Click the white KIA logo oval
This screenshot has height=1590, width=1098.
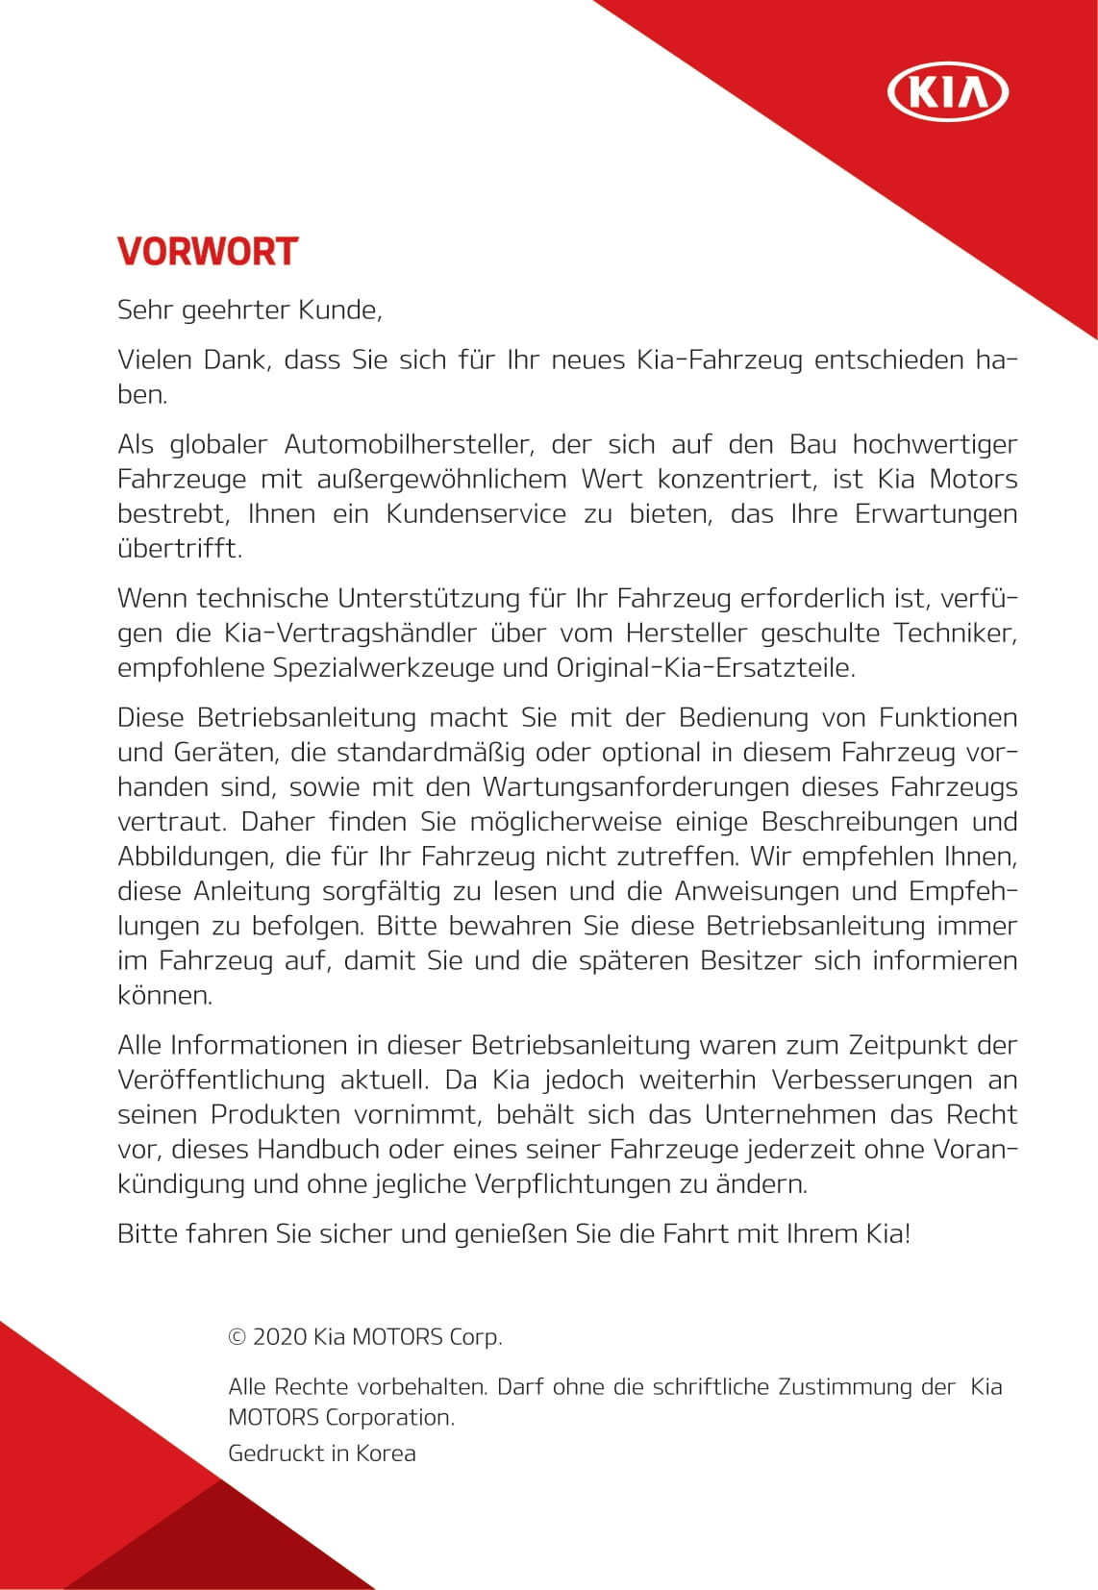click(x=947, y=93)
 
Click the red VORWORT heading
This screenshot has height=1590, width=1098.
click(x=208, y=252)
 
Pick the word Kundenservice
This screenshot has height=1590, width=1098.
click(x=476, y=514)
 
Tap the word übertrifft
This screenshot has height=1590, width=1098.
click(x=179, y=549)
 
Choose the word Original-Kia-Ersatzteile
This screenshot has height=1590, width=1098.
click(x=706, y=668)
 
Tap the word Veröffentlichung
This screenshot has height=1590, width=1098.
click(x=221, y=1081)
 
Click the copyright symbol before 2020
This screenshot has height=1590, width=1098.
click(x=237, y=1337)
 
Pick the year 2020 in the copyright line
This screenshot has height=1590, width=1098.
click(x=280, y=1337)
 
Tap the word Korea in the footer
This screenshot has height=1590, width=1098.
click(x=386, y=1453)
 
